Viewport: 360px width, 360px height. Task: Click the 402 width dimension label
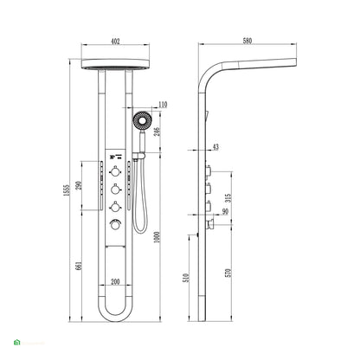(x=115, y=42)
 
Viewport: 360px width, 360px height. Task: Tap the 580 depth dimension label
(x=247, y=41)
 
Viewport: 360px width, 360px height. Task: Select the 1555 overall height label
(x=66, y=191)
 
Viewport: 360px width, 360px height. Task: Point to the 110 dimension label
(x=163, y=105)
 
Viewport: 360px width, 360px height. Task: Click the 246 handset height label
(x=157, y=132)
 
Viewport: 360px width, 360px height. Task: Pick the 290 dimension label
(x=79, y=185)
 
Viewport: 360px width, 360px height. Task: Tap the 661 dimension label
(x=79, y=266)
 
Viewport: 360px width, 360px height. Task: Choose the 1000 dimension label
(x=157, y=236)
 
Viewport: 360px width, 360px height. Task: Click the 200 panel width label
(x=115, y=281)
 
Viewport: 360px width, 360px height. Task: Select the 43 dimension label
(x=215, y=146)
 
